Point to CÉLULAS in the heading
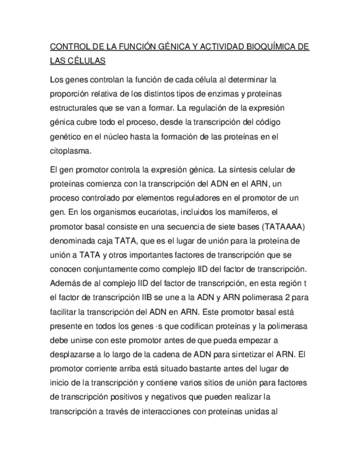[86, 62]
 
